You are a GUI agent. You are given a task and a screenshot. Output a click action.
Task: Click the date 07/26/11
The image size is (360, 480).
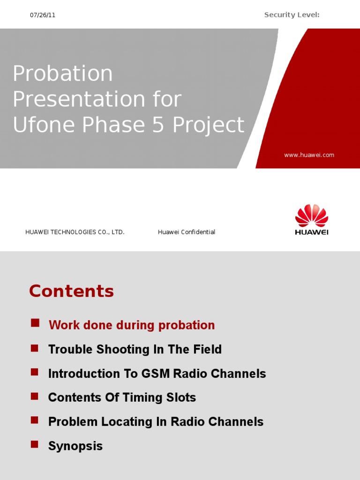(43, 15)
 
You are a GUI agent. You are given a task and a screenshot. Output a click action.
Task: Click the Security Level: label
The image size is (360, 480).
(292, 15)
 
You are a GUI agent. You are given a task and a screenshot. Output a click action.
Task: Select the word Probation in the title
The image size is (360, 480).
(63, 74)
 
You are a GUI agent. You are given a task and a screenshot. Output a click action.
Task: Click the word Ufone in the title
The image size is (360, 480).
(41, 125)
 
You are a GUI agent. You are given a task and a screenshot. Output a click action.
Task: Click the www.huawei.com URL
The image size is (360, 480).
(309, 155)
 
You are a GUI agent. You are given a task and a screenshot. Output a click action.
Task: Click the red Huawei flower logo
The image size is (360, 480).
(311, 216)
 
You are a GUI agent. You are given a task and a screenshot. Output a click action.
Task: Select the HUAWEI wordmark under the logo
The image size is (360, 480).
(311, 232)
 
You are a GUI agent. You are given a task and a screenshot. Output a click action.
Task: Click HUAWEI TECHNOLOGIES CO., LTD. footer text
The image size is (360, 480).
(75, 232)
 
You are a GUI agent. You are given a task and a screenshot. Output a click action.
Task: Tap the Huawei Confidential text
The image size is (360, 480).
(187, 232)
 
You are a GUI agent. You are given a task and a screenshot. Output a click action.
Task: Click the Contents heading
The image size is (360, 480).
(71, 291)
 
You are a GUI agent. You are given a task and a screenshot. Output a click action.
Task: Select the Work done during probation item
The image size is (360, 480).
(132, 325)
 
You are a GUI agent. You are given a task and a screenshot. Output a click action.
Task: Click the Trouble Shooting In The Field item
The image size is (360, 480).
(135, 349)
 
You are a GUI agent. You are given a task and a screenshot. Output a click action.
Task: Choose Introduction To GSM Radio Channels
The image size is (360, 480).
(157, 374)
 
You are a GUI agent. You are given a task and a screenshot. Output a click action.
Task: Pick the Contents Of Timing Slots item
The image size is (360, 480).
(122, 397)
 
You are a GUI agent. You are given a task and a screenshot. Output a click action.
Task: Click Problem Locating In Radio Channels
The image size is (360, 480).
(156, 422)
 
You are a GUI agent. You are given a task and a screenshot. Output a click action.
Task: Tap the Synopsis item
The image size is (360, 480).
(75, 446)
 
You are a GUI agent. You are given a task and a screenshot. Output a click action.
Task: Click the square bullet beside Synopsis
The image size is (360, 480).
(34, 444)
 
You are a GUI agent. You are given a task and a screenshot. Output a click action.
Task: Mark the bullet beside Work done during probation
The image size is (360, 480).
(34, 323)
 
